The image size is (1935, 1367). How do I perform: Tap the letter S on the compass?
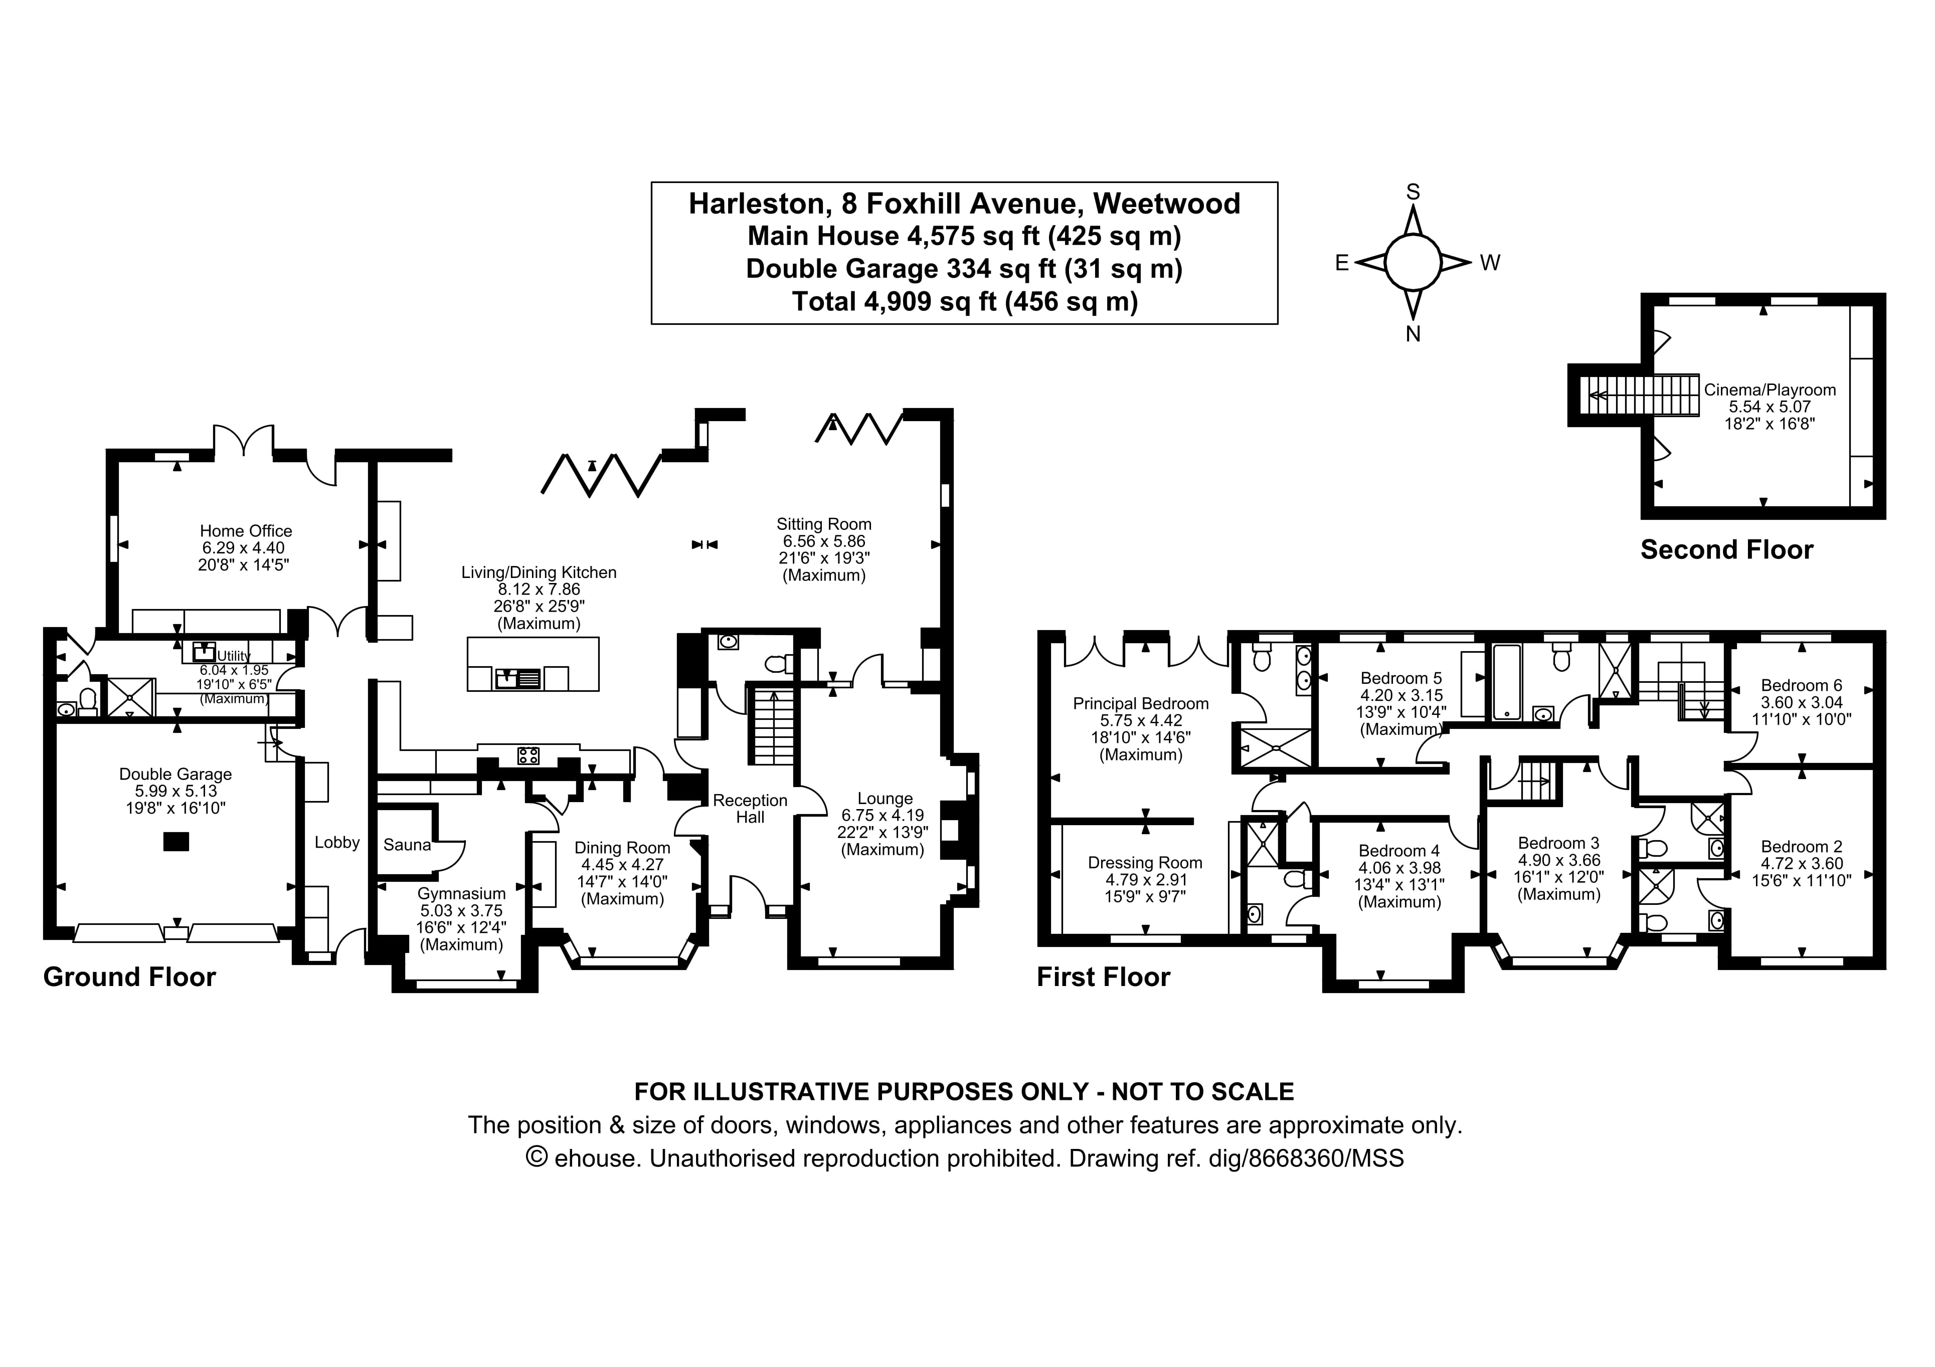pyautogui.click(x=1414, y=192)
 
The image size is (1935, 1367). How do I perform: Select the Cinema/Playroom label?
pyautogui.click(x=1769, y=389)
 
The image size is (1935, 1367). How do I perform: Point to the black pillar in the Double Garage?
pyautogui.click(x=175, y=841)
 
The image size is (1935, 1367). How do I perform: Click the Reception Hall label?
pyautogui.click(x=750, y=808)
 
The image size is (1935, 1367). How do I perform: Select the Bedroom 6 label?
pyautogui.click(x=1801, y=685)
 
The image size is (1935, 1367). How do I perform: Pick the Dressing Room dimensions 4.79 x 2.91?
pyautogui.click(x=1144, y=879)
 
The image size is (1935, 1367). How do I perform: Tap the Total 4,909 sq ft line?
pyautogui.click(x=964, y=301)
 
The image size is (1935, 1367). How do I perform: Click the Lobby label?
pyautogui.click(x=337, y=842)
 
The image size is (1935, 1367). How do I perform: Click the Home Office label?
pyautogui.click(x=245, y=531)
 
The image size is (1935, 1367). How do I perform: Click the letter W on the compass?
pyautogui.click(x=1490, y=263)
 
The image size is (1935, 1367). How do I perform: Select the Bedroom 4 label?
pyautogui.click(x=1399, y=850)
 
